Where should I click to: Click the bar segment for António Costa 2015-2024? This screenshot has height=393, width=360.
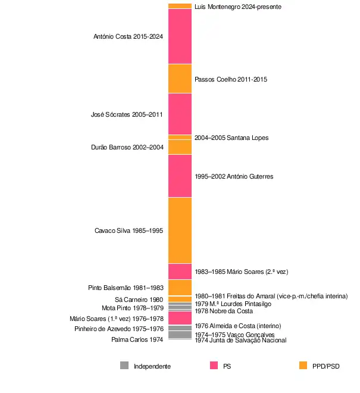click(180, 36)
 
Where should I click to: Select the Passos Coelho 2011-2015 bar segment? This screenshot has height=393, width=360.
click(180, 79)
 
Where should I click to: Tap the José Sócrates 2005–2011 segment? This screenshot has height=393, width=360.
click(180, 114)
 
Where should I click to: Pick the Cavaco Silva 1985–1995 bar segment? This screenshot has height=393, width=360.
click(180, 230)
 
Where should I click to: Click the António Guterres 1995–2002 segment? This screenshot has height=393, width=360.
click(180, 176)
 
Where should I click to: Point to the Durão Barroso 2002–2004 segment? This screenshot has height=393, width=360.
click(180, 147)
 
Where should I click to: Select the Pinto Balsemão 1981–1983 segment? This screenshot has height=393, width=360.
click(180, 287)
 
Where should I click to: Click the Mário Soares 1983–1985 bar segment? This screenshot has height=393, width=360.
click(180, 271)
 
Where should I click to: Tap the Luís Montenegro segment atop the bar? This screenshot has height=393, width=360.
click(180, 6)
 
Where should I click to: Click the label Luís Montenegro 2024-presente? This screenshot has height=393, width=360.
click(237, 7)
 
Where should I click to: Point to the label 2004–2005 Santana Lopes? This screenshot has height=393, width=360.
click(231, 138)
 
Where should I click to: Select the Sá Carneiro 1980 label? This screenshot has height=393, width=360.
click(139, 300)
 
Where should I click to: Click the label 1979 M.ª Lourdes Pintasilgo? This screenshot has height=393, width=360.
click(233, 304)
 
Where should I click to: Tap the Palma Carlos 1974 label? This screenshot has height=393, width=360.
click(137, 339)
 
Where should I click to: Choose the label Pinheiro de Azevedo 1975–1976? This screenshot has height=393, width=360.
click(118, 329)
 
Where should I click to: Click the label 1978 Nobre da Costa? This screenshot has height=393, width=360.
click(224, 311)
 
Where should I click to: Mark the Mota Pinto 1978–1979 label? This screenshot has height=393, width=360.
click(132, 308)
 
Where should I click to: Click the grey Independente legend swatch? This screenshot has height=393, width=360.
click(124, 366)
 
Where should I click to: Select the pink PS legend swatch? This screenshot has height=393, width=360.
click(214, 366)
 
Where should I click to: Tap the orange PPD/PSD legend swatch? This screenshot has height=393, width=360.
click(303, 366)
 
